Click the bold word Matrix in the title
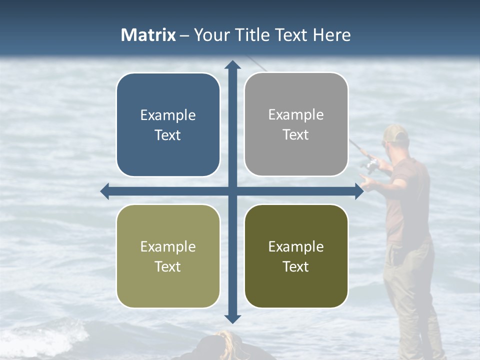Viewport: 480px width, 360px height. pyautogui.click(x=148, y=35)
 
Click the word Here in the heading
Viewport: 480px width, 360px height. pyautogui.click(x=332, y=35)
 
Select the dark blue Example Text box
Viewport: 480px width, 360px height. pyautogui.click(x=168, y=125)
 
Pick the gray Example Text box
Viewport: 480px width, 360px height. pyautogui.click(x=296, y=124)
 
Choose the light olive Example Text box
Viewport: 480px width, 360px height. pyautogui.click(x=168, y=256)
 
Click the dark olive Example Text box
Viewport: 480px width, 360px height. pyautogui.click(x=296, y=256)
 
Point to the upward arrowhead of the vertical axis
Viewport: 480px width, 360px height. pyautogui.click(x=232, y=65)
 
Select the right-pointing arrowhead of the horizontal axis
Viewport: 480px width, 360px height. pyautogui.click(x=358, y=191)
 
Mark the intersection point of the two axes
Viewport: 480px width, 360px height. pyautogui.click(x=232, y=191)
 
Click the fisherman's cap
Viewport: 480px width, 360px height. pyautogui.click(x=396, y=133)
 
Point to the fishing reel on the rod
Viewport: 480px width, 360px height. pyautogui.click(x=371, y=165)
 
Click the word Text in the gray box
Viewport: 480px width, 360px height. pyautogui.click(x=296, y=135)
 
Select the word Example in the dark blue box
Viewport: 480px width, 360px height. pyautogui.click(x=168, y=115)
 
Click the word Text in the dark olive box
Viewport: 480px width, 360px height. pyautogui.click(x=296, y=266)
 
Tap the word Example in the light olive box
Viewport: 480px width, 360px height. pyautogui.click(x=168, y=246)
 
